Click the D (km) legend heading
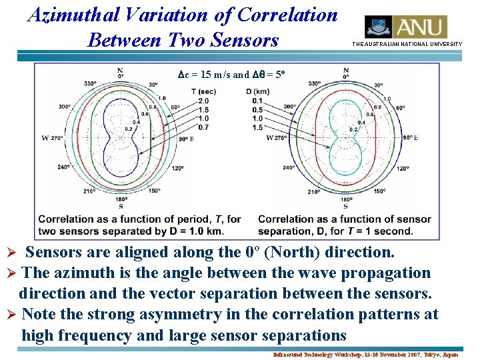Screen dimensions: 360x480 pos(257,91)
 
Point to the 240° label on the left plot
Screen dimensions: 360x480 pos(63,167)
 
